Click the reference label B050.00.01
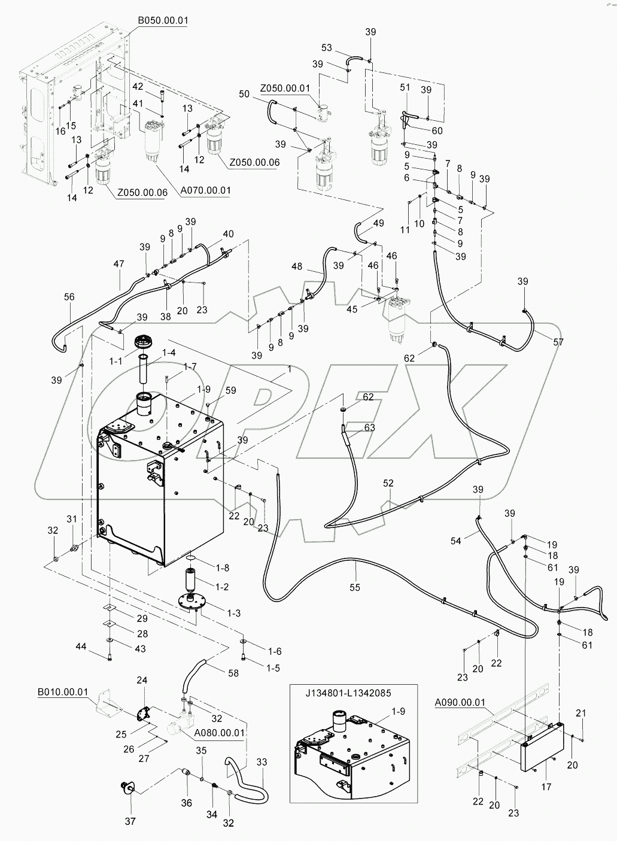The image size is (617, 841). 163,20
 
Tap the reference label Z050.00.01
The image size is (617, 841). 285,88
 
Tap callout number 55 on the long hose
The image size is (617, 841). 355,588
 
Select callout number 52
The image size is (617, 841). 390,482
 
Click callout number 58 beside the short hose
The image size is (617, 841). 233,673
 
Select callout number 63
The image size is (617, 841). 369,427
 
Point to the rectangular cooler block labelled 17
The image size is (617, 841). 541,747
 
